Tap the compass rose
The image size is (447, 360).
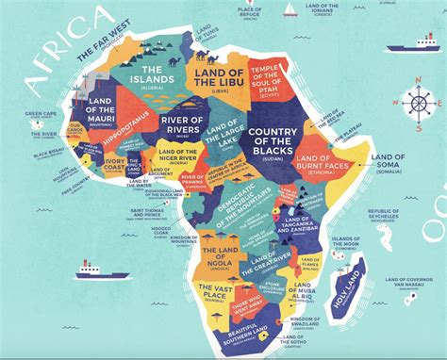point(416,104)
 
